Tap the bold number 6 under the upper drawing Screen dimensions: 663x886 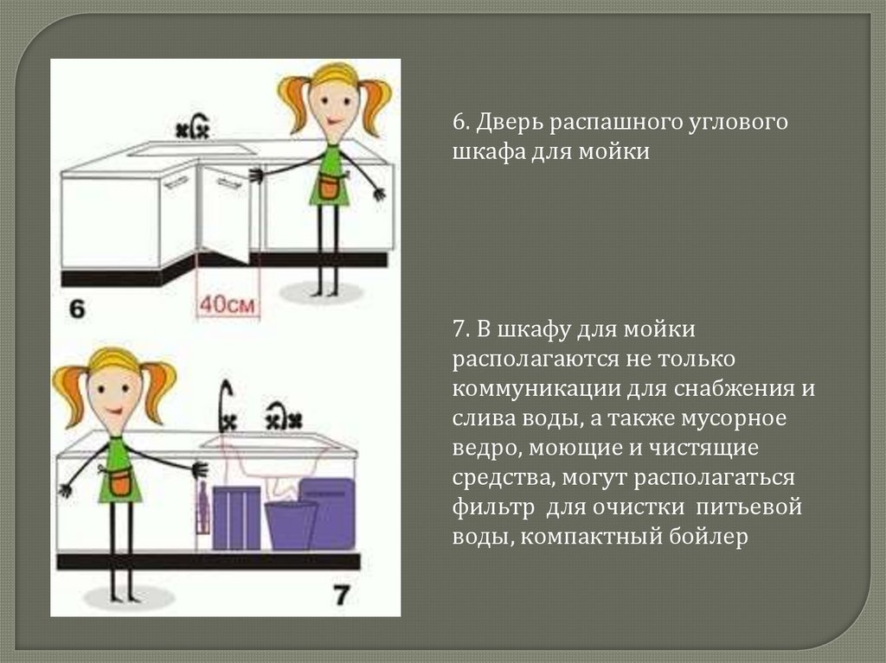click(x=77, y=309)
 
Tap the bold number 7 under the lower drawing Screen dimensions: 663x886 click(x=341, y=594)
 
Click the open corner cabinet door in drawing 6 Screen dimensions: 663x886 click(x=222, y=212)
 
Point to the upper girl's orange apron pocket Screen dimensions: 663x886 click(x=329, y=186)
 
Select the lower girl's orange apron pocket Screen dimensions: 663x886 click(x=120, y=481)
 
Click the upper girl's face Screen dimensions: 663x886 click(x=334, y=103)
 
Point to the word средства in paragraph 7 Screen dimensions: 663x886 click(x=501, y=477)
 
